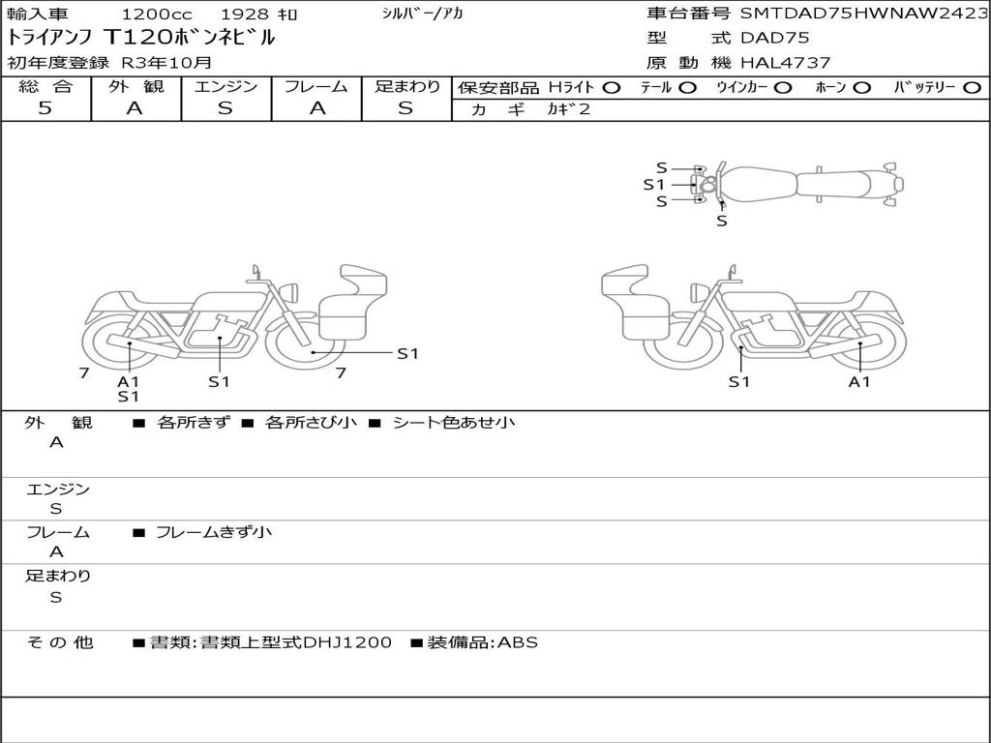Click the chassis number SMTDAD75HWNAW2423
pos(863,14)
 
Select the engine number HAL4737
pos(786,63)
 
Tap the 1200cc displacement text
pos(157,14)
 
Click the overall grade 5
pos(45,108)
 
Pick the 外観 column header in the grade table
pos(135,86)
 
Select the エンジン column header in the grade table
pos(225,86)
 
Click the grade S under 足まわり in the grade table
pos(405,108)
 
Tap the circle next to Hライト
pos(612,88)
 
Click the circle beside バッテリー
pos(972,88)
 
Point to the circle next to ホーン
pos(861,88)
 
